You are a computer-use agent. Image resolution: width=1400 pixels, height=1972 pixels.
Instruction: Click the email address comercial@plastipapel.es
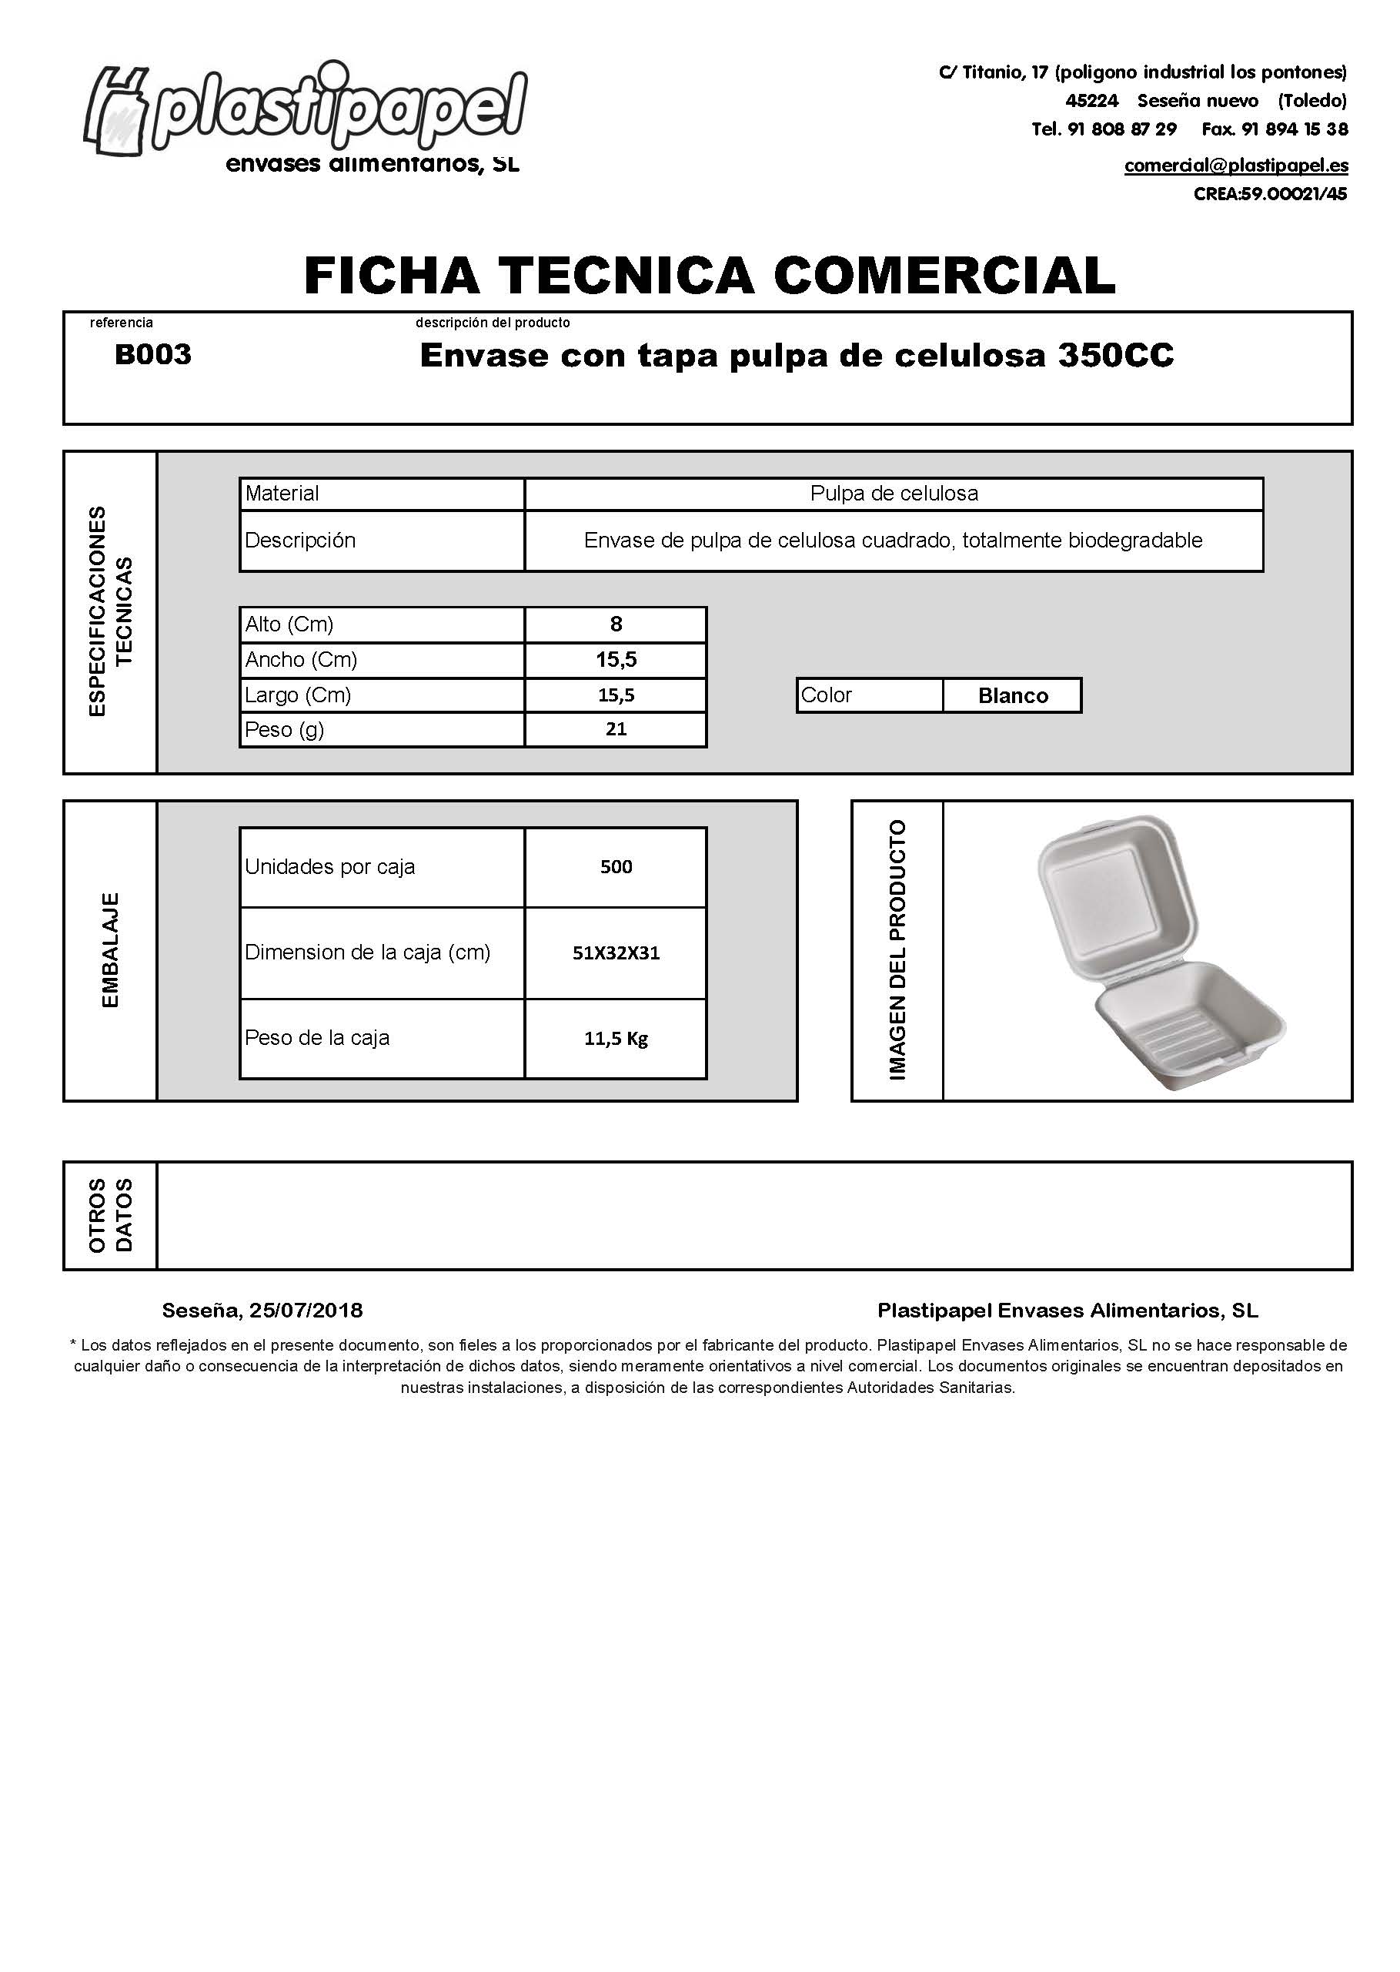pyautogui.click(x=1235, y=166)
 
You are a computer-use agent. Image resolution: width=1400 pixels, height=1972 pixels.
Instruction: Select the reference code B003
pyautogui.click(x=152, y=354)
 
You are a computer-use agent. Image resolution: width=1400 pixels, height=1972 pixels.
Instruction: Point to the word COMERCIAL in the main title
pyautogui.click(x=944, y=275)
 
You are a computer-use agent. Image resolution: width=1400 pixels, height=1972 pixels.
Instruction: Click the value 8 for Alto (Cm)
pyautogui.click(x=616, y=624)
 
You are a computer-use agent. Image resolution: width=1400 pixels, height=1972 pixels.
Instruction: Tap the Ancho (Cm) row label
pyautogui.click(x=301, y=660)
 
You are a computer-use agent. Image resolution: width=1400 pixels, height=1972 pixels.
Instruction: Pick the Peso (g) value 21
pyautogui.click(x=616, y=729)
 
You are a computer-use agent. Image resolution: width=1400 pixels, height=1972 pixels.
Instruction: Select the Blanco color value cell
pyautogui.click(x=1012, y=696)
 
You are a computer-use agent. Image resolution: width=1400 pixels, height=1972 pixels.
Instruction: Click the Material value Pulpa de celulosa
pyautogui.click(x=894, y=494)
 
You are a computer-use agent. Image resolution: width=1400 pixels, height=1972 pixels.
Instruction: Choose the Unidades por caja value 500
pyautogui.click(x=616, y=866)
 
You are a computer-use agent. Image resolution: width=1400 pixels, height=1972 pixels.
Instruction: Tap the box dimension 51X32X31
pyautogui.click(x=616, y=953)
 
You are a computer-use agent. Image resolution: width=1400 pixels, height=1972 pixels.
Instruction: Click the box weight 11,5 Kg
pyautogui.click(x=616, y=1038)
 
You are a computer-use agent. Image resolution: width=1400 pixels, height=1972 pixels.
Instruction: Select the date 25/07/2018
pyautogui.click(x=306, y=1311)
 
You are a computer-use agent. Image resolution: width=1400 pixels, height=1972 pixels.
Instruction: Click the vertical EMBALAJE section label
pyautogui.click(x=110, y=950)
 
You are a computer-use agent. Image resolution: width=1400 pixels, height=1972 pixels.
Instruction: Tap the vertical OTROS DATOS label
pyautogui.click(x=110, y=1215)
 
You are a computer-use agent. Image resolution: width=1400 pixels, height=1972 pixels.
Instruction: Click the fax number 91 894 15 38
pyautogui.click(x=1294, y=129)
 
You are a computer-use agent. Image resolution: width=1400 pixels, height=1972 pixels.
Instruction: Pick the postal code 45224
pyautogui.click(x=1091, y=101)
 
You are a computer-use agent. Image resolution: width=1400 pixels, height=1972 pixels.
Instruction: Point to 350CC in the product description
pyautogui.click(x=1115, y=356)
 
